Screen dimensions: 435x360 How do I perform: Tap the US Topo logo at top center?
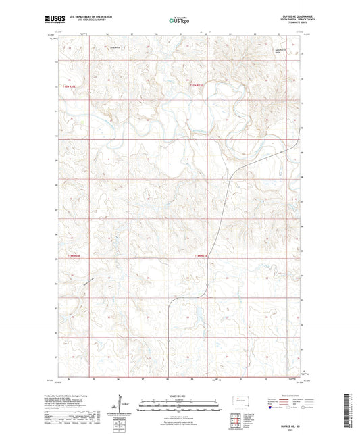point(179,21)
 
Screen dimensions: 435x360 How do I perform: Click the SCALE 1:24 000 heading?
point(179,397)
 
